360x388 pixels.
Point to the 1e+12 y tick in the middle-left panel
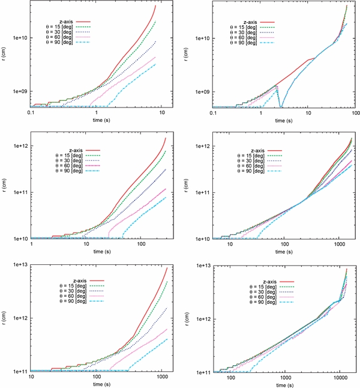[x=17, y=146]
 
